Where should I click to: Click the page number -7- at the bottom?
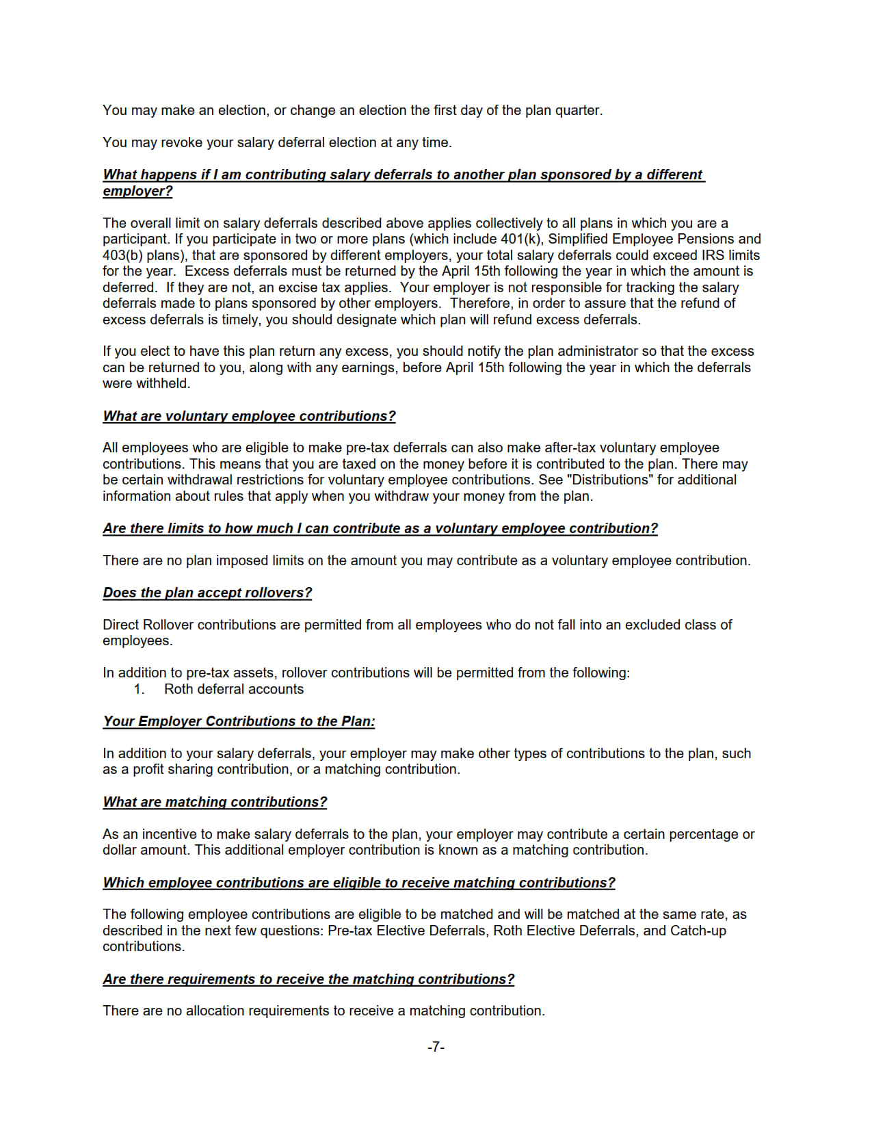click(436, 1047)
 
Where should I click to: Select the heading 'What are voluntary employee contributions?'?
click(249, 416)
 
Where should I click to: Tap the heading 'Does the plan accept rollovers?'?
click(207, 593)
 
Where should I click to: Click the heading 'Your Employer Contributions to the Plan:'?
click(239, 721)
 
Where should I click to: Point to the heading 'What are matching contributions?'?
click(215, 802)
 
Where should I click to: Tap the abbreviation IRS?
click(697, 255)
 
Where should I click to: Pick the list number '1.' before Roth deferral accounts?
click(140, 689)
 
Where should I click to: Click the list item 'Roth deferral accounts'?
click(234, 689)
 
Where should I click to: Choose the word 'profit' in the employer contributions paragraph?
click(150, 769)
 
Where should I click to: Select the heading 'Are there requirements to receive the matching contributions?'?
click(308, 979)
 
